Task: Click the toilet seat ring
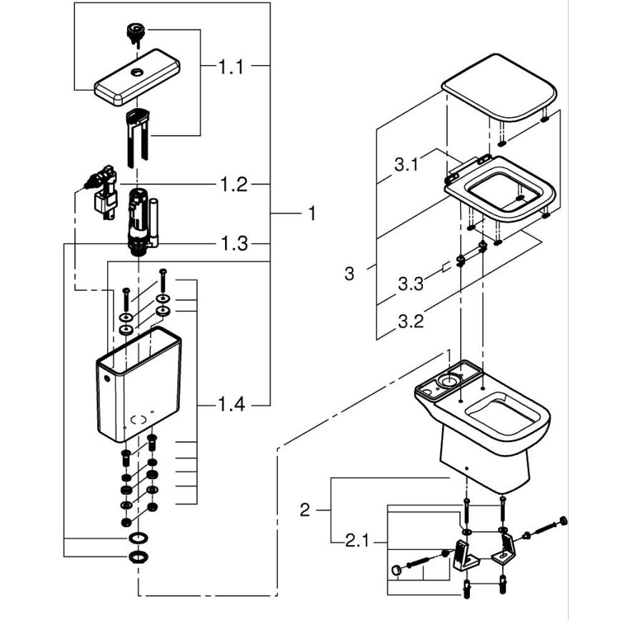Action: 500,189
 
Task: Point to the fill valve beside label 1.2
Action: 101,191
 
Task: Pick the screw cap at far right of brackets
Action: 565,520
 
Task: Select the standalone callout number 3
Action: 349,274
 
